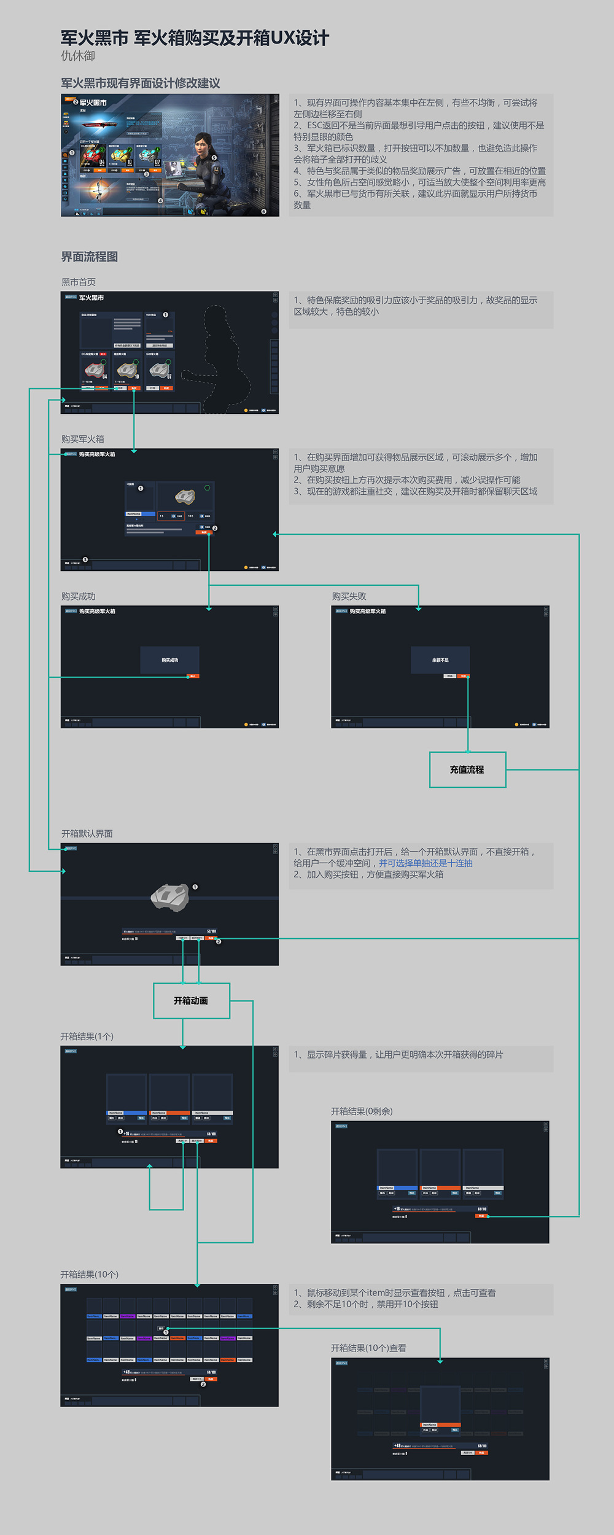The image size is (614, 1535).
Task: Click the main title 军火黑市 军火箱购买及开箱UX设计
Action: pyautogui.click(x=195, y=38)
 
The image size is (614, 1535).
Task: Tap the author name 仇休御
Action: pyautogui.click(x=78, y=56)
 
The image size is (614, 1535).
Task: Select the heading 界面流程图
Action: pyautogui.click(x=89, y=257)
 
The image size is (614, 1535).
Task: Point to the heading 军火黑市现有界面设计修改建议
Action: pyautogui.click(x=140, y=83)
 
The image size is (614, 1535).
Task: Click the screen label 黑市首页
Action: pyautogui.click(x=78, y=282)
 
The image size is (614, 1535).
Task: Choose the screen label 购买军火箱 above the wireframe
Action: pyautogui.click(x=82, y=439)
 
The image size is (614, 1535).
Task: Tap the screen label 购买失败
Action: pyautogui.click(x=349, y=596)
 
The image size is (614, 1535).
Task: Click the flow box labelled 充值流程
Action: pyautogui.click(x=467, y=769)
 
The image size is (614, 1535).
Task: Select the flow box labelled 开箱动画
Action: pyautogui.click(x=191, y=1001)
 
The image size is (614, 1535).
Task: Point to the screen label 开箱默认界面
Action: pyautogui.click(x=87, y=833)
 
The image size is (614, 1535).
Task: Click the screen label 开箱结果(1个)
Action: pyautogui.click(x=87, y=1036)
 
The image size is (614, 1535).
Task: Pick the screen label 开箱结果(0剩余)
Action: pyautogui.click(x=362, y=1111)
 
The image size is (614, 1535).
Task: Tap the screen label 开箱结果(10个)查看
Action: pyautogui.click(x=368, y=1348)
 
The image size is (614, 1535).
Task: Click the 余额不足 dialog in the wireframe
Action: pyautogui.click(x=440, y=660)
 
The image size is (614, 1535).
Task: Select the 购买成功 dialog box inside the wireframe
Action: pyautogui.click(x=169, y=660)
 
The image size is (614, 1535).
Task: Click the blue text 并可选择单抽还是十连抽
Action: pyautogui.click(x=426, y=863)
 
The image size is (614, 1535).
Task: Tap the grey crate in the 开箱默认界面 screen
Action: pyautogui.click(x=170, y=897)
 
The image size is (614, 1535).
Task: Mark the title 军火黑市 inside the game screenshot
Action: pyautogui.click(x=93, y=103)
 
